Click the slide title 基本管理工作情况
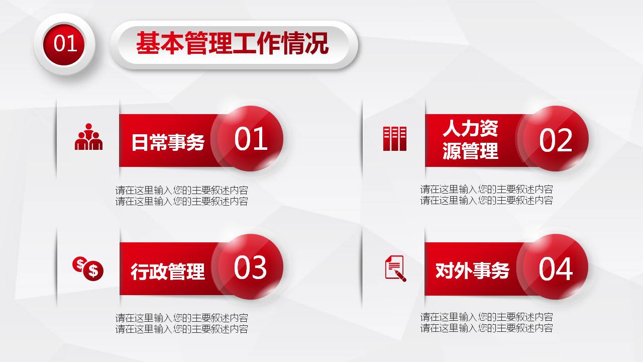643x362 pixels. pyautogui.click(x=232, y=44)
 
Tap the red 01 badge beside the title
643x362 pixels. pyautogui.click(x=65, y=44)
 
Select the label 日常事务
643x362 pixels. pyautogui.click(x=168, y=142)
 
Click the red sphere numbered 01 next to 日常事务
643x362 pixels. pyautogui.click(x=250, y=139)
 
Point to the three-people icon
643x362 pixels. pyautogui.click(x=88, y=137)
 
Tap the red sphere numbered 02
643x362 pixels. pyautogui.click(x=555, y=140)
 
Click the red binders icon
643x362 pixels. pyautogui.click(x=394, y=139)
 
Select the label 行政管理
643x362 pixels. pyautogui.click(x=168, y=271)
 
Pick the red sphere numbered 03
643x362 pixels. pyautogui.click(x=250, y=267)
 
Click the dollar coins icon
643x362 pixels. pyautogui.click(x=88, y=268)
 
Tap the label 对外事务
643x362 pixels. pyautogui.click(x=472, y=270)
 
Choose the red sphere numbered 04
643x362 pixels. pyautogui.click(x=555, y=268)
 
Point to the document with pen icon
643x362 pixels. pyautogui.click(x=395, y=268)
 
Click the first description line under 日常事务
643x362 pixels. pyautogui.click(x=181, y=191)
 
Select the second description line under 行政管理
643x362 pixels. pyautogui.click(x=181, y=329)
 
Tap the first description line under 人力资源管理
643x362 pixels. pyautogui.click(x=486, y=190)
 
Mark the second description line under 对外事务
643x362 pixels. pyautogui.click(x=486, y=328)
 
